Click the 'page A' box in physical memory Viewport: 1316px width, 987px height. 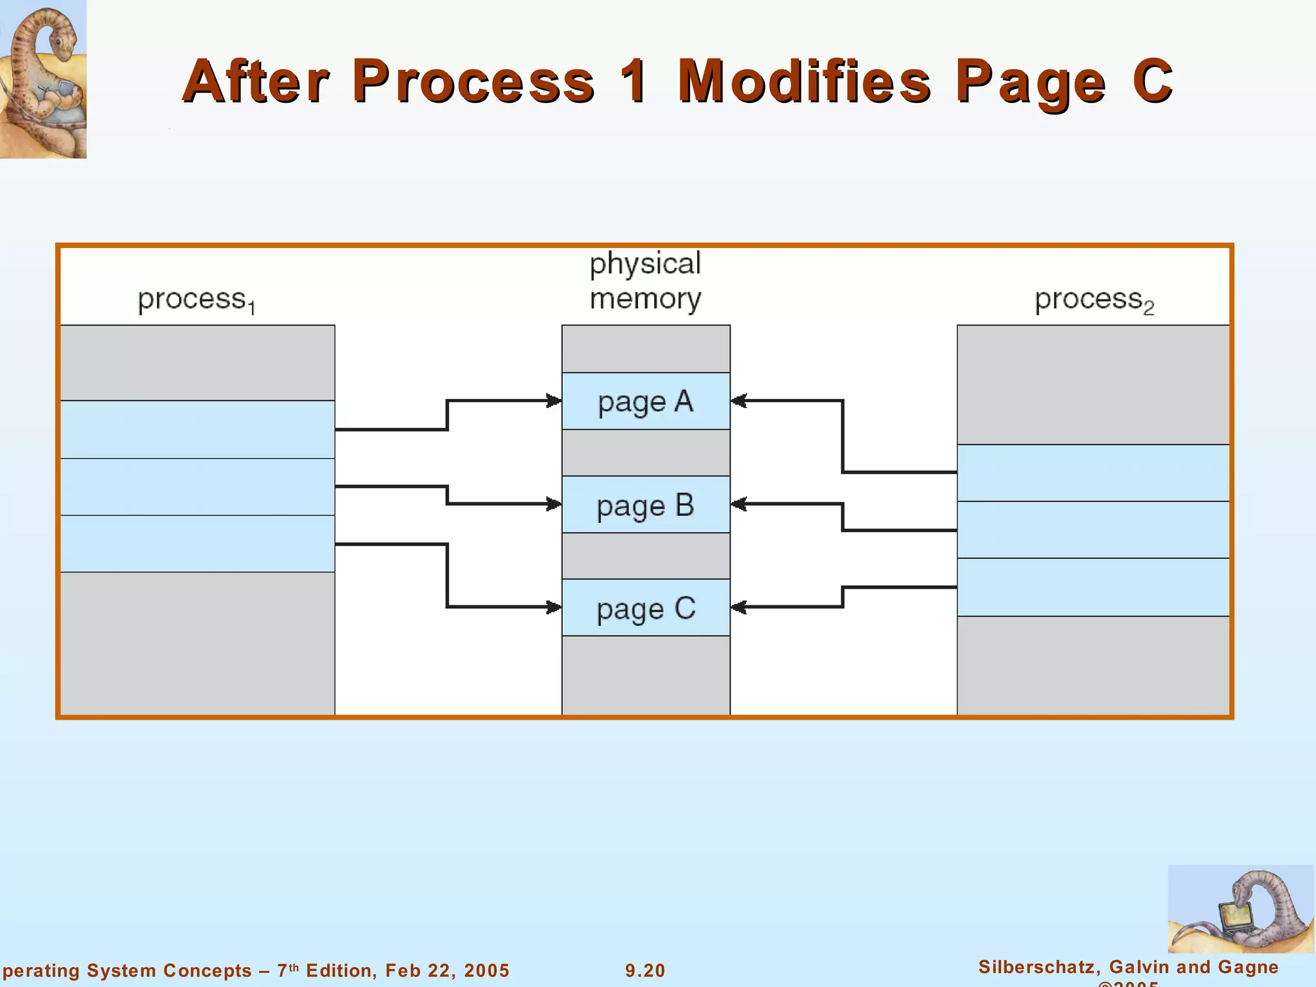click(x=646, y=401)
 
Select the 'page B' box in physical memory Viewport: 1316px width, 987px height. click(x=646, y=504)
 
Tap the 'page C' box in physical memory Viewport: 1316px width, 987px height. click(x=646, y=608)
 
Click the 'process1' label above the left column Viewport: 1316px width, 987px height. click(x=197, y=300)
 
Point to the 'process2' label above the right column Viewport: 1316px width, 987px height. click(x=1094, y=300)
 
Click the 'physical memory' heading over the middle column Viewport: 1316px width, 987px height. click(x=645, y=281)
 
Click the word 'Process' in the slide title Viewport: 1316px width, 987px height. click(x=474, y=82)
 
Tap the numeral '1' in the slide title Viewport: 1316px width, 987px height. click(x=635, y=82)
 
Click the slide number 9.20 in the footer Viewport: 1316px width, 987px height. click(x=645, y=970)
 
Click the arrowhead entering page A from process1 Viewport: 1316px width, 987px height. click(x=554, y=401)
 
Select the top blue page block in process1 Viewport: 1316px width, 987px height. click(x=197, y=429)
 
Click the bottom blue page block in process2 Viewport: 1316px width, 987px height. click(x=1093, y=587)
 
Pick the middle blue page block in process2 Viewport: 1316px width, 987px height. click(x=1093, y=529)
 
